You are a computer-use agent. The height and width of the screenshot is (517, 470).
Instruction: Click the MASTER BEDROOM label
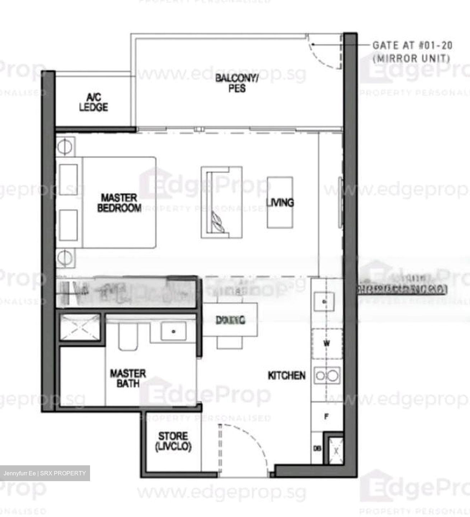pos(119,203)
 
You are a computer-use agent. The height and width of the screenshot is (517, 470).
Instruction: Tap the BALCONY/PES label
pos(236,83)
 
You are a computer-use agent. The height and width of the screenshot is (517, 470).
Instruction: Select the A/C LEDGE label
pos(93,102)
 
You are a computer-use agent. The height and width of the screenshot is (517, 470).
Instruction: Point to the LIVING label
pos(280,202)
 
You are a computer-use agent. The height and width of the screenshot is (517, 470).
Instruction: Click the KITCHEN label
pos(287,376)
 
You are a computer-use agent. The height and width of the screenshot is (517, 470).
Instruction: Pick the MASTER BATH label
pos(128,378)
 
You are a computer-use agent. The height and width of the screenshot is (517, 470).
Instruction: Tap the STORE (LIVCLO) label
pos(173,441)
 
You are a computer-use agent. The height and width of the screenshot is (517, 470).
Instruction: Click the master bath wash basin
pos(173,331)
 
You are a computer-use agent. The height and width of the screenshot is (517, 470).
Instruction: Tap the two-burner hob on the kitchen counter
pos(326,376)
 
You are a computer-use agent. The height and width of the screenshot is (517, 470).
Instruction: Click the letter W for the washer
pos(326,344)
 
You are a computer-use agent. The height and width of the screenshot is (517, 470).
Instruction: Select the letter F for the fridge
pos(326,417)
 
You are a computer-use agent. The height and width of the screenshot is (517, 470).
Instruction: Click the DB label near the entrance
pos(317,448)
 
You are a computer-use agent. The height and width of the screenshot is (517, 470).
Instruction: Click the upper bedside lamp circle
pos(65,146)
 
